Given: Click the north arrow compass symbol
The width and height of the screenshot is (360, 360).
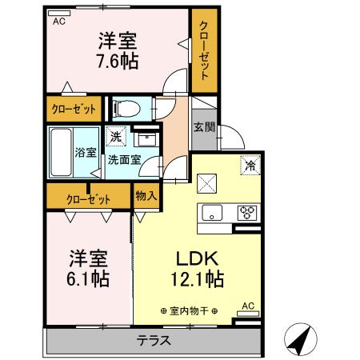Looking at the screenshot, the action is [x=301, y=339].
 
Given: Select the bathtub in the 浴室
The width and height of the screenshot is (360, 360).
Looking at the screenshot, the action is [x=61, y=153].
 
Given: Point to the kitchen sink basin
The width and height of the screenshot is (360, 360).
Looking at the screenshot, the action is [x=212, y=213].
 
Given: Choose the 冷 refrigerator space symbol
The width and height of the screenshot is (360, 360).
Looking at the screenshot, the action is [x=250, y=166].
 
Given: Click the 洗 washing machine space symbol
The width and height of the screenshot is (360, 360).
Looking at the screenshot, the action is [x=116, y=136].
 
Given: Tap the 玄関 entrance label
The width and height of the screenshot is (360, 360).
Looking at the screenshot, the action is [x=204, y=127].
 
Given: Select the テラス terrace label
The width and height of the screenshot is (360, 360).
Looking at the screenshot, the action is [x=154, y=341].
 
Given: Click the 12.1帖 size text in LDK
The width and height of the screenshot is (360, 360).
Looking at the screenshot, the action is [x=197, y=278].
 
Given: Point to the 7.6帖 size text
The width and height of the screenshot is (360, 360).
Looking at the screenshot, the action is [x=118, y=61].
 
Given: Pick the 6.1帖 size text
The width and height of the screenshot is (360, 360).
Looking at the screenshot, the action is [x=88, y=278].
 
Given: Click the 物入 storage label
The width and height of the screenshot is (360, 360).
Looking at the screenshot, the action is [x=146, y=196].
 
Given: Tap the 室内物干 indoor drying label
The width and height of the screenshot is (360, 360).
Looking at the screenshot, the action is [x=189, y=311].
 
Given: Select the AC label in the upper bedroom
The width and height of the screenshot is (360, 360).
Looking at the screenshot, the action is [x=59, y=22].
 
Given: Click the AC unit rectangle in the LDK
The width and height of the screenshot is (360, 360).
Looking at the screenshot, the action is [x=248, y=314].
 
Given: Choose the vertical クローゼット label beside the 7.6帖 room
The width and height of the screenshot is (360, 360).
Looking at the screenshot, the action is [x=204, y=50].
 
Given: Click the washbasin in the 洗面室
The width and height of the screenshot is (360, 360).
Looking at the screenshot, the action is [x=146, y=139].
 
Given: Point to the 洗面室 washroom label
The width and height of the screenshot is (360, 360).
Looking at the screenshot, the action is [x=124, y=160].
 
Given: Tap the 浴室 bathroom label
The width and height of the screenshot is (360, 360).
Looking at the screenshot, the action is [x=86, y=152].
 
